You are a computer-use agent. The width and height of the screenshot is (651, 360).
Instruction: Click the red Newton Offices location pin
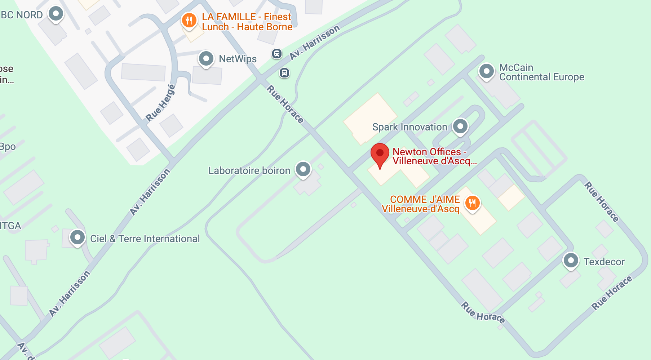[x=380, y=154]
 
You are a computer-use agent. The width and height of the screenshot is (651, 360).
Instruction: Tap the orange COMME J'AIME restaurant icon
[x=472, y=203]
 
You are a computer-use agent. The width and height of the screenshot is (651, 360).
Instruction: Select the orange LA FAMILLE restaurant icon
[x=189, y=20]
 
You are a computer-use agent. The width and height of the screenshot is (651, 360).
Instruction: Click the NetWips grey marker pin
[x=206, y=58]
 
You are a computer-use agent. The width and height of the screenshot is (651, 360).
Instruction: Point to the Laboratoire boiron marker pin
[x=303, y=169]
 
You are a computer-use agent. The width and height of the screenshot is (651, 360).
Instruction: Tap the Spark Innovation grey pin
[x=460, y=126]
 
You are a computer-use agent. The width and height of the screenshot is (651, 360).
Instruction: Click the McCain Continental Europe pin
[x=486, y=71]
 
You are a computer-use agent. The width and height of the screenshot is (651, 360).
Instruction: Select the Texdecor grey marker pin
[x=571, y=260]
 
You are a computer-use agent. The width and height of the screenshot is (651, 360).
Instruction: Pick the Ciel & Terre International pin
[x=77, y=237]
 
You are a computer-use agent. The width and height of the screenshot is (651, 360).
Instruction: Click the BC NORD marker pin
[x=56, y=14]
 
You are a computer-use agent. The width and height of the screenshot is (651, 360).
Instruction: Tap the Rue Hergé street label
[x=161, y=103]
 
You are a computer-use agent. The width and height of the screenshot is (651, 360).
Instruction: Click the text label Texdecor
[x=604, y=262]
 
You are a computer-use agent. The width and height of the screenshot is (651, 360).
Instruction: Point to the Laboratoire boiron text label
[x=249, y=170]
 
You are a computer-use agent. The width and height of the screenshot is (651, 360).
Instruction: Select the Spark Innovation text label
[x=409, y=127]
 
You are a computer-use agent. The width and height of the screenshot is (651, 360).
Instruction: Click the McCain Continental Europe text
[x=541, y=72]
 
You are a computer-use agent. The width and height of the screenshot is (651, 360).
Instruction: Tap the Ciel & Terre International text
[x=145, y=239]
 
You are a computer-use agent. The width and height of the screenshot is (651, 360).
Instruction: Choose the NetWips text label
[x=238, y=59]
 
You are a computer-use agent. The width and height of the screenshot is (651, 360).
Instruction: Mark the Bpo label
[x=8, y=147]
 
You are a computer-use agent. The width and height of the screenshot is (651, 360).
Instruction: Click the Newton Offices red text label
[x=434, y=156]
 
